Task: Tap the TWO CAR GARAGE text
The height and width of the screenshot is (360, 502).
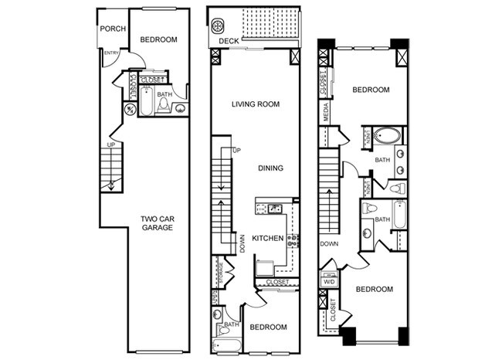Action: pos(157,223)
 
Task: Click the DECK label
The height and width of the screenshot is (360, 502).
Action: pos(229,41)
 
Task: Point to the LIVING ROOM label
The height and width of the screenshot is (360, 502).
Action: pos(256,104)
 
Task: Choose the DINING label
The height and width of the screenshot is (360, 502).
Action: pos(271,168)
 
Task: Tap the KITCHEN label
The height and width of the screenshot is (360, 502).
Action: pos(267,238)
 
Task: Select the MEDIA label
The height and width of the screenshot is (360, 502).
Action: pos(326,114)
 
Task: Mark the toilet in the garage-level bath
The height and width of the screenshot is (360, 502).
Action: pos(163,105)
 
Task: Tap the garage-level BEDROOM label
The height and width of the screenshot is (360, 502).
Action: pos(158,40)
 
